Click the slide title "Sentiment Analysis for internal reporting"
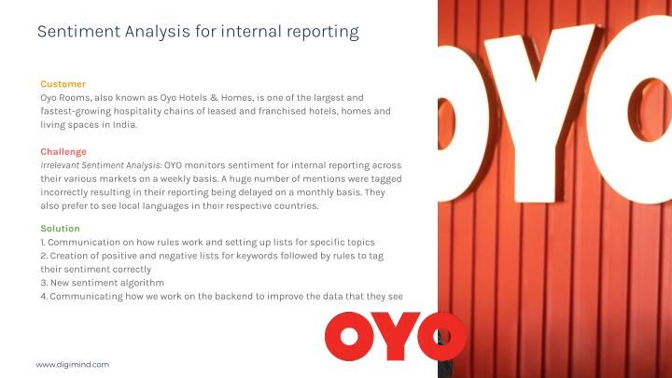tap(198, 32)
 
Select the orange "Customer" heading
tap(63, 84)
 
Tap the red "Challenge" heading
tap(63, 152)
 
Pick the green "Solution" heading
tap(60, 229)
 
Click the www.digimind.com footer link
tap(73, 365)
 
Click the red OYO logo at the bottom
tap(395, 336)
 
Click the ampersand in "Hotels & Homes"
tap(215, 98)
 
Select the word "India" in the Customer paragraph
tap(125, 125)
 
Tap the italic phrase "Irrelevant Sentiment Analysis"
tap(100, 165)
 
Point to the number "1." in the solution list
tap(42, 242)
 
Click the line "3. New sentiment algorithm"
tap(103, 283)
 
